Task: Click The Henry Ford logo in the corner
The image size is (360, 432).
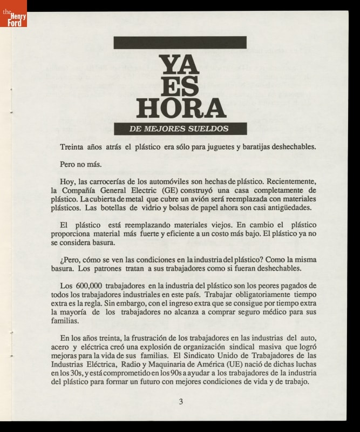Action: pos(13,13)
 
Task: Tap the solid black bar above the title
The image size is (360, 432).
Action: pos(180,43)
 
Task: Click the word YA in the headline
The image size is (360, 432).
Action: pos(180,66)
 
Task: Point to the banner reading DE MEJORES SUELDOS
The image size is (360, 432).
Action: pos(180,129)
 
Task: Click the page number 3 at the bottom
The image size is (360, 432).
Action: pos(181,401)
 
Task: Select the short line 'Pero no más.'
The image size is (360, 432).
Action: pos(79,163)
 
